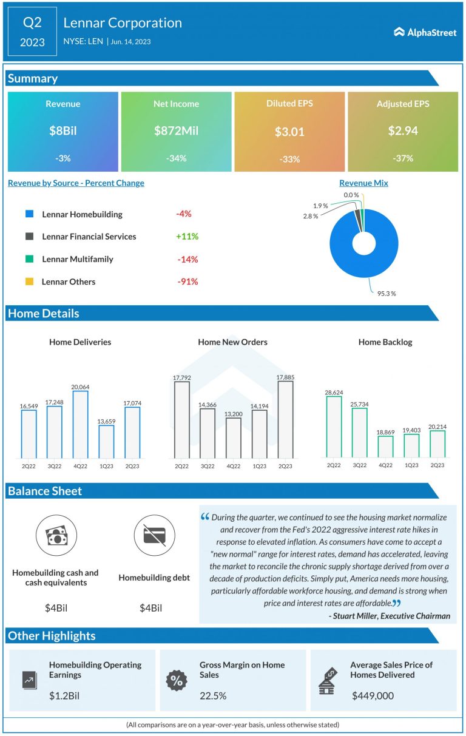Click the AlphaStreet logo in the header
click(x=425, y=32)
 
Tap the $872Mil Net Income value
click(x=176, y=131)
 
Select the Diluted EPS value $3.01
click(x=289, y=132)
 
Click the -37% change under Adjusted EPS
click(x=403, y=158)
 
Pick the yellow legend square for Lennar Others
click(x=29, y=282)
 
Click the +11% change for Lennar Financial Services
click(x=187, y=237)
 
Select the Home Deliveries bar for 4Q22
click(x=80, y=424)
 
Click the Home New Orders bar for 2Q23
click(x=285, y=419)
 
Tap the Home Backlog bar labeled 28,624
click(x=334, y=427)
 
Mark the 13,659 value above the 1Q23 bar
click(x=106, y=419)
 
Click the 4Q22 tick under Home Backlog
click(x=385, y=465)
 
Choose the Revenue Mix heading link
click(x=363, y=183)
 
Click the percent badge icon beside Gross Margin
click(x=177, y=680)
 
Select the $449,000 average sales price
click(x=373, y=696)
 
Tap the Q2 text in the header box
click(x=33, y=23)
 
